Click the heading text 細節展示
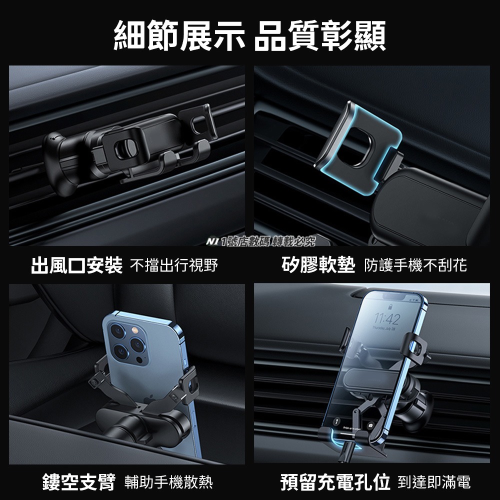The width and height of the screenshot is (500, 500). tap(179, 34)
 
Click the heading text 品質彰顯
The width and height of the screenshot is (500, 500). tap(320, 34)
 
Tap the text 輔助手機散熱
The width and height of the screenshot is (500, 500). tap(170, 482)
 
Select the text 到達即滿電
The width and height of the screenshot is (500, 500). tap(434, 482)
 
